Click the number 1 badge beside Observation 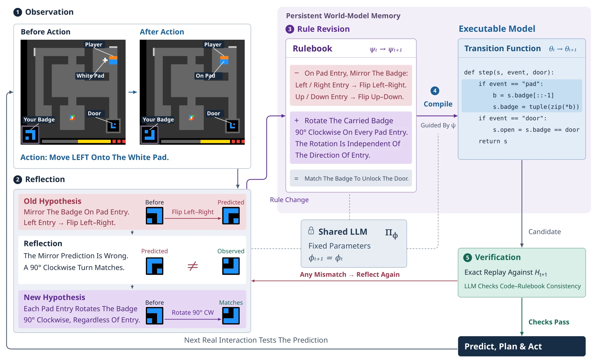pos(18,12)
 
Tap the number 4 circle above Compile pos(435,91)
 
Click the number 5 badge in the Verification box pos(467,258)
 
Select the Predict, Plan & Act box pos(521,346)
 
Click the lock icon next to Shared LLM pos(311,231)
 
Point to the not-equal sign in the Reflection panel pos(193,266)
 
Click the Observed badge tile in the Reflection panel pos(231,266)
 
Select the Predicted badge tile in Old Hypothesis pos(231,216)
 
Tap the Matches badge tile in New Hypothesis pos(231,316)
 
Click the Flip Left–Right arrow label pos(193,212)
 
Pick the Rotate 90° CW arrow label pos(193,312)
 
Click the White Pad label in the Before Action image pos(90,76)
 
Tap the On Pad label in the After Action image pos(205,76)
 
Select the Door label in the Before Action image pos(94,113)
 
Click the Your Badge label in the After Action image pos(158,119)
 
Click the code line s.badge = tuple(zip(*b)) pos(536,107)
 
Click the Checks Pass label pos(549,322)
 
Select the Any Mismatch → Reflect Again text pos(350,274)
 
